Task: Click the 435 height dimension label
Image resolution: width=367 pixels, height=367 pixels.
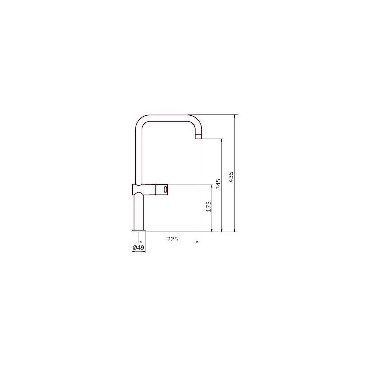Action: pyautogui.click(x=231, y=177)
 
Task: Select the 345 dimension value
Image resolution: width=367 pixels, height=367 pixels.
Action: pyautogui.click(x=218, y=184)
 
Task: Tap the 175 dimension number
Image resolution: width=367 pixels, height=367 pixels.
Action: pyautogui.click(x=209, y=206)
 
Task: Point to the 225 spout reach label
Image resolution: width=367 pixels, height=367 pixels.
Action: pyautogui.click(x=173, y=239)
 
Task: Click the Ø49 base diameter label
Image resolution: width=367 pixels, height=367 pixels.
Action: pyautogui.click(x=138, y=247)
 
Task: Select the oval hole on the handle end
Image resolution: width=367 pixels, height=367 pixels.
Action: pyautogui.click(x=166, y=189)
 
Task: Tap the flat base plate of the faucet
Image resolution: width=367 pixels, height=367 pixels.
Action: pyautogui.click(x=139, y=231)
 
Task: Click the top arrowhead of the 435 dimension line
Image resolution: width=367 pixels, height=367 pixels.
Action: pyautogui.click(x=235, y=116)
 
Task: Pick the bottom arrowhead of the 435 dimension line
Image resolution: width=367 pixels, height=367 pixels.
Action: pyautogui.click(x=235, y=230)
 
